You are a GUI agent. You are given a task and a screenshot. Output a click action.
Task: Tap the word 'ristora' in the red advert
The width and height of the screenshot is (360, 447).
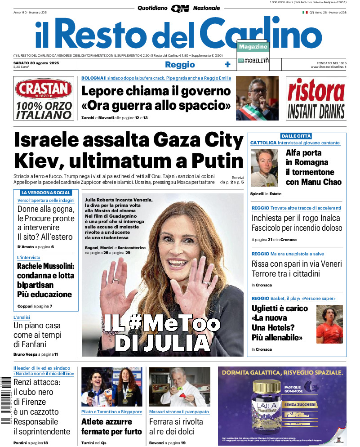[316, 90]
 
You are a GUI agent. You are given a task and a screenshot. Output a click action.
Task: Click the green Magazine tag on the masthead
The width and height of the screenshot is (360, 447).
[253, 47]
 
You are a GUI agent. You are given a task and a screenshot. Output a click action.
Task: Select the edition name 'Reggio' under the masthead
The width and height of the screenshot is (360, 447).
[180, 65]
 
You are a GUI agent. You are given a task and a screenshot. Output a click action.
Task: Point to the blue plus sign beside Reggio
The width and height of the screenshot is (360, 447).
[227, 65]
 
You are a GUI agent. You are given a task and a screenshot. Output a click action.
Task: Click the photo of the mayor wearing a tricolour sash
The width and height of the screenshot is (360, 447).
[257, 98]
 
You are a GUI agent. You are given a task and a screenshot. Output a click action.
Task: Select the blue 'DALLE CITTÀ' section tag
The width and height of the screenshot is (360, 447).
[296, 136]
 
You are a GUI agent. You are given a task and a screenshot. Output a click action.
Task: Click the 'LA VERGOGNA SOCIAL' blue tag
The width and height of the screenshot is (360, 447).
[46, 192]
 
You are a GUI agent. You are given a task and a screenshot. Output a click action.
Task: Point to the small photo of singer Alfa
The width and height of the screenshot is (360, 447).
[264, 167]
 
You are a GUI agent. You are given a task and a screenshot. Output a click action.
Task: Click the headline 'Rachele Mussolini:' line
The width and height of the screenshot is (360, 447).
[45, 266]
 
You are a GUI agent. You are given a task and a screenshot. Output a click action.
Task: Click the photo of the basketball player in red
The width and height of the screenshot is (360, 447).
[329, 324]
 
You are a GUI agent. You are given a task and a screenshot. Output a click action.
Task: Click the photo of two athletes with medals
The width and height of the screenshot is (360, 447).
[111, 387]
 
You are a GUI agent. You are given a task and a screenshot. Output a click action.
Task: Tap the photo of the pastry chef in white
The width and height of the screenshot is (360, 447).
[179, 387]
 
